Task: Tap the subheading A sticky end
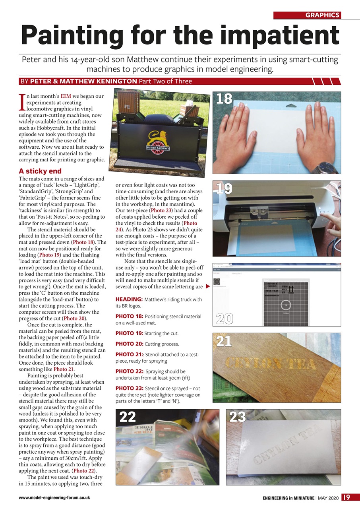40,171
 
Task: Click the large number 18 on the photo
224,99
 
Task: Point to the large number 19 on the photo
224,188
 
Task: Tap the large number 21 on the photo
224,342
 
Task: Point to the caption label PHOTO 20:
129,344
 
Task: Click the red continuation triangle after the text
207,286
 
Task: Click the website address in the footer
54,497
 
